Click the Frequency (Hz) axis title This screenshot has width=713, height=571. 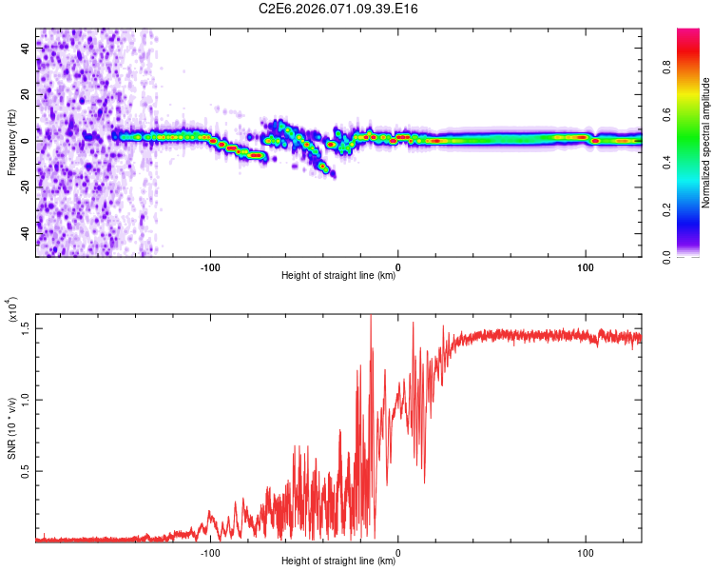(x=11, y=143)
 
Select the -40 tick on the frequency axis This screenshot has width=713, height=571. (x=26, y=233)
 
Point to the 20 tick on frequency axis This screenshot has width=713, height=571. (x=26, y=95)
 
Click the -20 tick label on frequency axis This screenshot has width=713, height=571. (x=26, y=187)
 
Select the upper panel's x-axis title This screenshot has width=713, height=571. (x=338, y=276)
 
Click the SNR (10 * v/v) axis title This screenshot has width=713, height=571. (x=11, y=427)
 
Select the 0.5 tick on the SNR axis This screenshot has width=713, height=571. (x=26, y=471)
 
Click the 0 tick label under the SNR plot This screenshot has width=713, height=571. (x=397, y=551)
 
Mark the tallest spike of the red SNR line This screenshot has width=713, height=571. (x=371, y=316)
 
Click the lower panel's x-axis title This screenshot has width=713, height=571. (x=338, y=561)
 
